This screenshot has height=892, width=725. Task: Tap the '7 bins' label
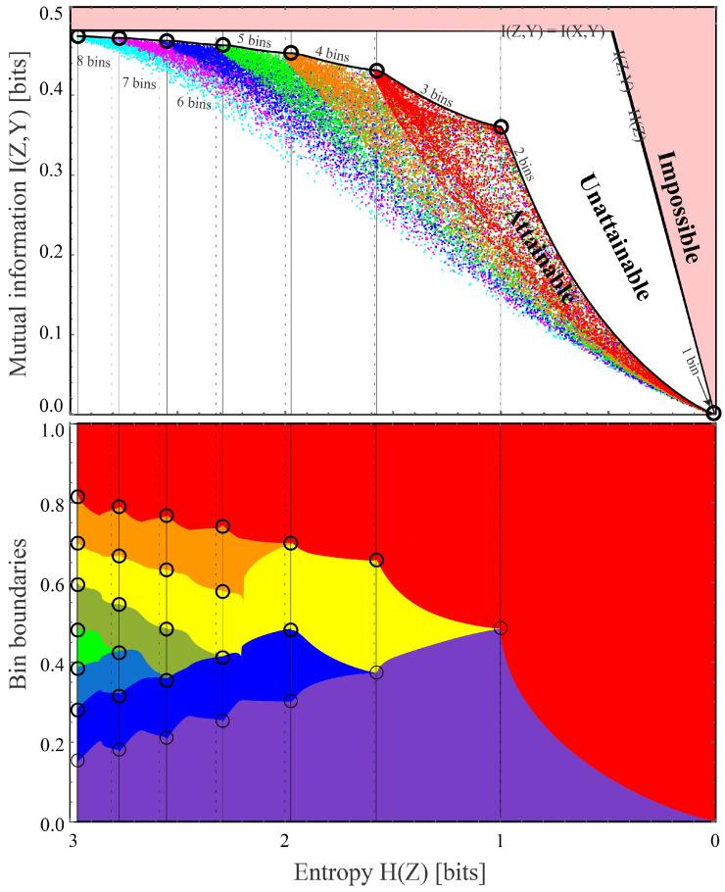[138, 83]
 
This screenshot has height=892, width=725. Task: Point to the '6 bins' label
[193, 103]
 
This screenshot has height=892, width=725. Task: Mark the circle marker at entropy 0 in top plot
[714, 413]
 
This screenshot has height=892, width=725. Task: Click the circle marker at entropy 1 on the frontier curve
[501, 127]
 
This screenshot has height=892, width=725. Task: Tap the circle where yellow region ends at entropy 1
[501, 627]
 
